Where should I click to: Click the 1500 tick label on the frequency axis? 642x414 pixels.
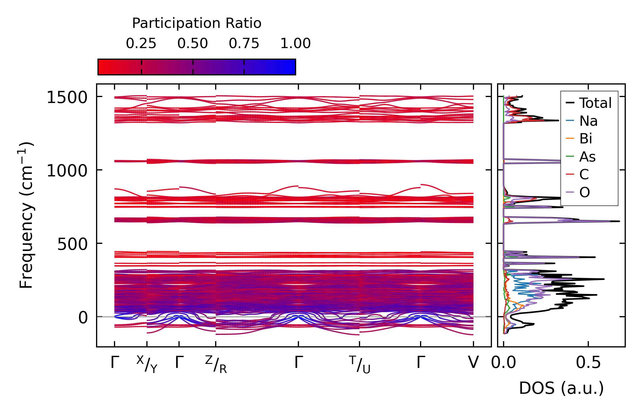[x=67, y=98]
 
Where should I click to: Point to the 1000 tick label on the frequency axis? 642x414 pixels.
[x=67, y=171]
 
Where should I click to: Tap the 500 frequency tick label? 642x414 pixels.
[x=72, y=244]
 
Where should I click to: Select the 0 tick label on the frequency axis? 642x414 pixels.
[x=83, y=318]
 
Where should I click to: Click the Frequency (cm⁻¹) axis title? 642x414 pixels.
[x=26, y=215]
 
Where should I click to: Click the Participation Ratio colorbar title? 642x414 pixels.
[x=197, y=23]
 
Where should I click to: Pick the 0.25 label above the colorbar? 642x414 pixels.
[x=141, y=44]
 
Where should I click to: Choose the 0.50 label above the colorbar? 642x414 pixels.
[x=193, y=44]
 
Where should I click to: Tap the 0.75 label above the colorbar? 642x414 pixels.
[x=244, y=44]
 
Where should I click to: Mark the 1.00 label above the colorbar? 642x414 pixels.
[x=296, y=44]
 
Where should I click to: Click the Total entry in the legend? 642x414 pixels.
[x=595, y=103]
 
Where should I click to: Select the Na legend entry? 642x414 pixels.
[x=588, y=121]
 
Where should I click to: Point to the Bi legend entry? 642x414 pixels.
[x=585, y=139]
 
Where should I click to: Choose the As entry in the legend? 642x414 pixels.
[x=587, y=157]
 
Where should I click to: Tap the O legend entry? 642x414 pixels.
[x=585, y=193]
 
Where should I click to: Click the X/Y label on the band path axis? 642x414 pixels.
[x=147, y=364]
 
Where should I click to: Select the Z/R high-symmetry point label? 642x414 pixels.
[x=216, y=364]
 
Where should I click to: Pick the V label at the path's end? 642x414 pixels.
[x=473, y=362]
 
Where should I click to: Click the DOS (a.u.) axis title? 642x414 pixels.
[x=561, y=388]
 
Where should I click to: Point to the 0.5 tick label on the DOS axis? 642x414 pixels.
[x=588, y=363]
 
